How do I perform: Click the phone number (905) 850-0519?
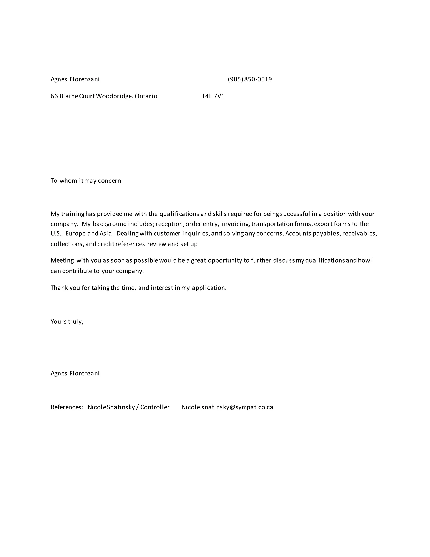click(250, 79)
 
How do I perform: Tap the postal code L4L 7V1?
click(213, 96)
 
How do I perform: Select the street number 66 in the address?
click(54, 96)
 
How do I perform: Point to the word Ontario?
click(146, 96)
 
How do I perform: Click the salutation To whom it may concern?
click(86, 181)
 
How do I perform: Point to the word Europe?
click(75, 234)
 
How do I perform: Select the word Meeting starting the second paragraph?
click(62, 260)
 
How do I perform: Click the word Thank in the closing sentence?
click(59, 288)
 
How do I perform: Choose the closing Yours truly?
click(67, 322)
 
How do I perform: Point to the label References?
click(67, 407)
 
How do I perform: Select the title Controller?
click(155, 407)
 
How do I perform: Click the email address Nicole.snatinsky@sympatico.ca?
click(227, 407)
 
